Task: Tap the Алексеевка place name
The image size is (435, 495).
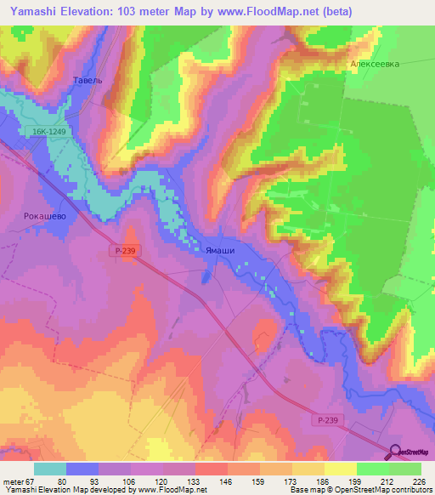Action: coord(374,64)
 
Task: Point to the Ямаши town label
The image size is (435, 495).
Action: coord(220,250)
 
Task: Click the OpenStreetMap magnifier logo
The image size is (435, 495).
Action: coord(396,452)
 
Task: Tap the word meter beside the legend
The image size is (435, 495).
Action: coord(14,481)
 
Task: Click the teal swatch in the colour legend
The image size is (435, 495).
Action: coord(50,469)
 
